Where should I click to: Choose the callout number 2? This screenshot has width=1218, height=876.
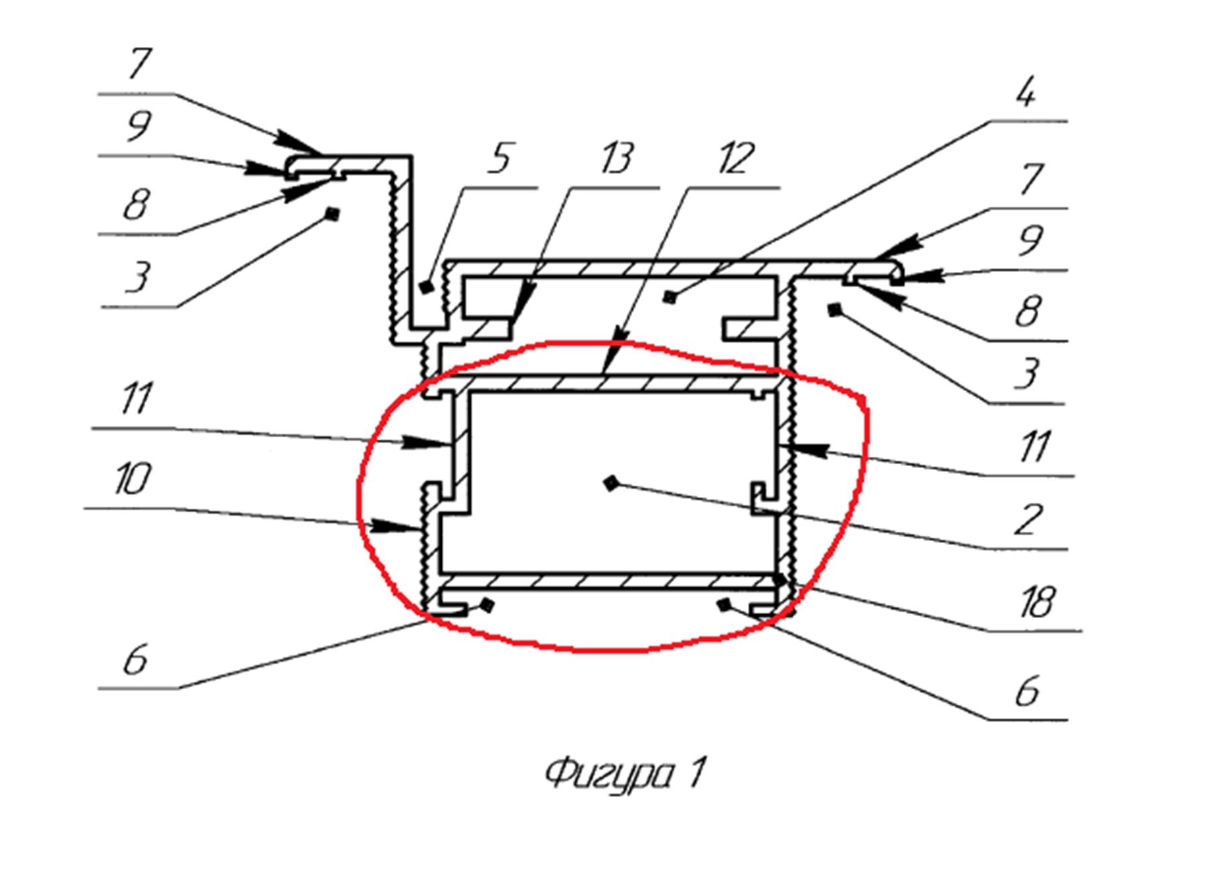[x=1027, y=519]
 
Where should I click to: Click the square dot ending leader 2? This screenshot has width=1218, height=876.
[x=610, y=483]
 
